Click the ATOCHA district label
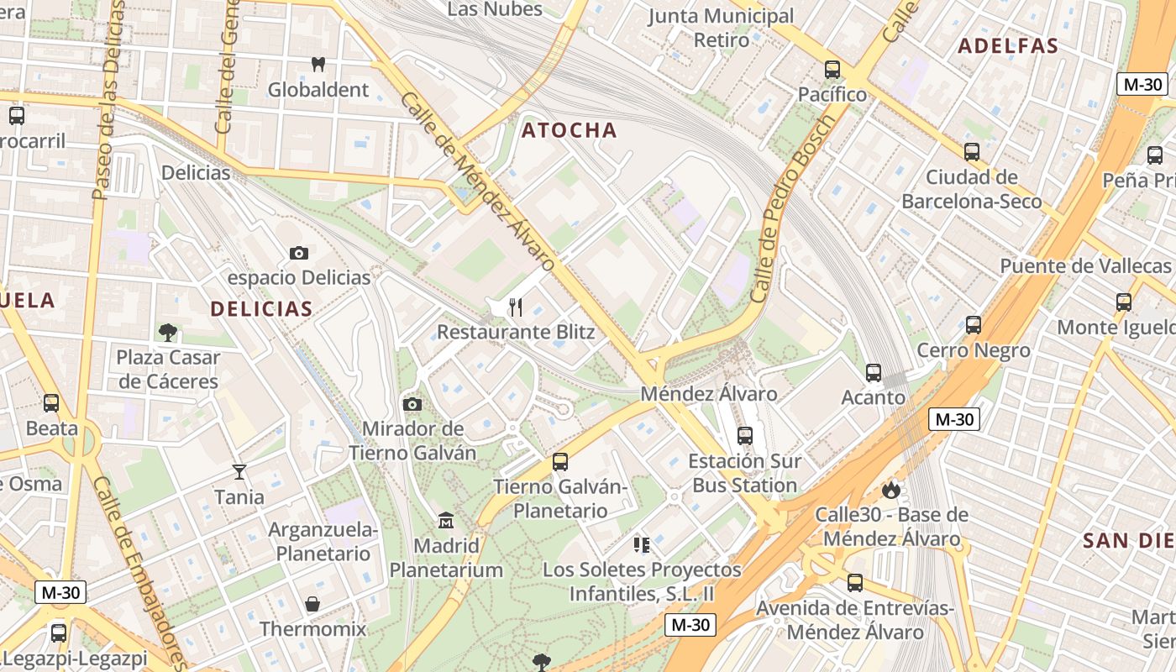pos(569,130)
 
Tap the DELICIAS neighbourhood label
pos(261,308)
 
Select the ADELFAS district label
pos(1008,46)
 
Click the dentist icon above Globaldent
pos(318,64)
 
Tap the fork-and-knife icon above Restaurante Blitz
pos(516,307)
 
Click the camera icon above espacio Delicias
pos(298,253)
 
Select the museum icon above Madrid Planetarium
pos(446,521)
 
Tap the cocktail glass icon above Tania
pos(239,472)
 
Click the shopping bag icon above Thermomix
pos(312,604)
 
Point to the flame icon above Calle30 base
pos(891,490)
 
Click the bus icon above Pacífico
pos(832,70)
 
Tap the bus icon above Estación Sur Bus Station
pos(745,435)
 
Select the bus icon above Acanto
pos(874,372)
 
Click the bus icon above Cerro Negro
pos(974,324)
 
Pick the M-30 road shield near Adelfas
pos(1142,84)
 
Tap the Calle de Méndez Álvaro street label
pos(476,181)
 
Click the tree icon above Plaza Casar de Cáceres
pos(168,333)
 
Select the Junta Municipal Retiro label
pos(722,28)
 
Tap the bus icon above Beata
pos(51,403)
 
